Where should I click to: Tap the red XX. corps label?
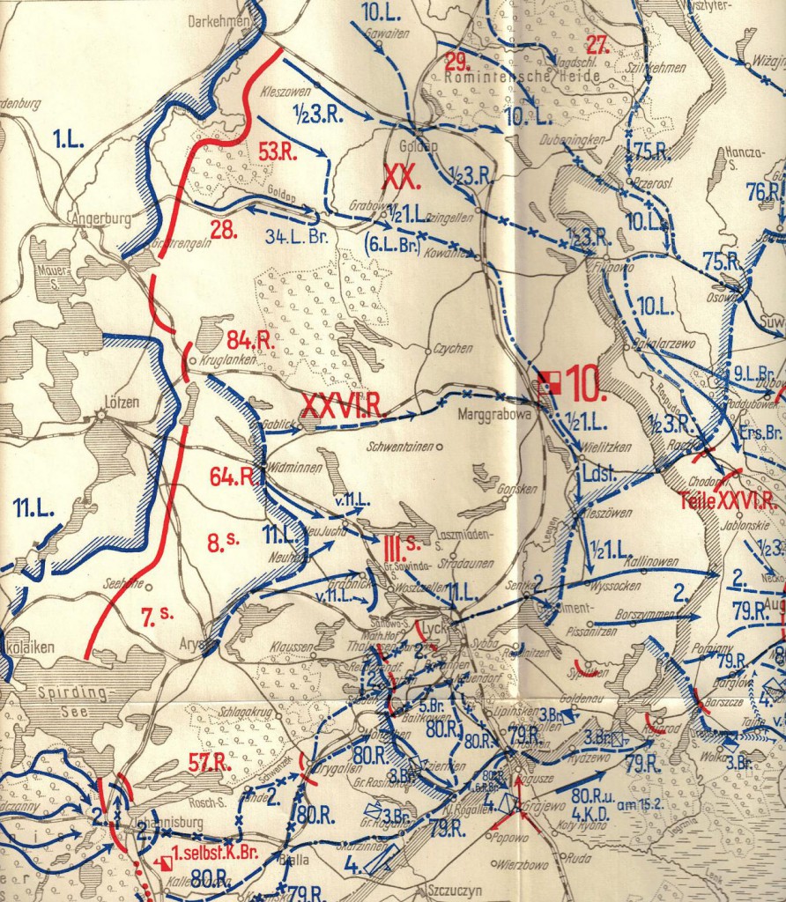tap(401, 174)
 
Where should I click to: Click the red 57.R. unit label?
tap(210, 763)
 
